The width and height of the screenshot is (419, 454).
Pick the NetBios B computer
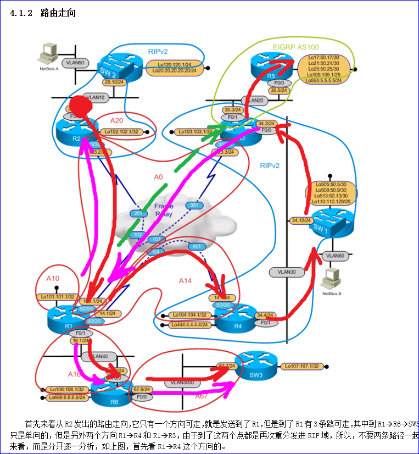(x=331, y=278)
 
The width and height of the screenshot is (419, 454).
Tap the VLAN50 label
(x=73, y=63)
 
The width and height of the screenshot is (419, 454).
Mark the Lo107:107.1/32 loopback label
(x=301, y=366)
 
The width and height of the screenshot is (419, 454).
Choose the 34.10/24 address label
(x=301, y=220)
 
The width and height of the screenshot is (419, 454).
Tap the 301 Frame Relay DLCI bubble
(x=193, y=206)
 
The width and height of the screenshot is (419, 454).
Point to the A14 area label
(x=185, y=280)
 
